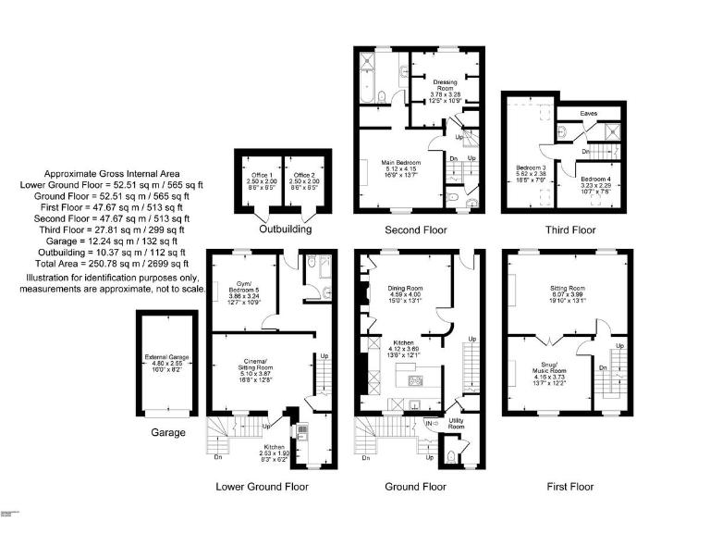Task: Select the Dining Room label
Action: point(404,294)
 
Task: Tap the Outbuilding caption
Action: point(285,229)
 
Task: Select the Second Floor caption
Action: point(415,229)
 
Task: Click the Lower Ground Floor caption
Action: point(262,486)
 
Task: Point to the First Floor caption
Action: point(569,486)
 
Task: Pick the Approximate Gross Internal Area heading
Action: point(112,174)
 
